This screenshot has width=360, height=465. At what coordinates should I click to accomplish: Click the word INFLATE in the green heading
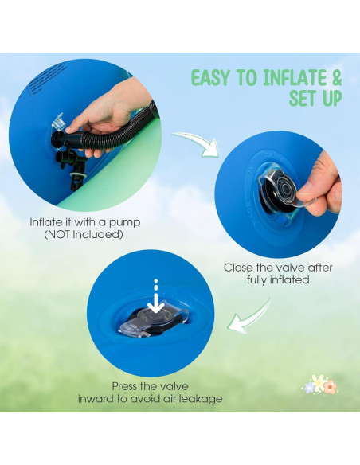[293, 78]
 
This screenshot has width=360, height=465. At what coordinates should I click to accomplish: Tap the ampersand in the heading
[335, 78]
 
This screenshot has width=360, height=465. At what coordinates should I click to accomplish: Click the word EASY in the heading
[210, 78]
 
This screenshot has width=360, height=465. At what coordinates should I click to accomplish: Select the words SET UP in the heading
[315, 98]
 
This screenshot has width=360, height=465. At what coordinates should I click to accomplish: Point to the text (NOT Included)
[84, 235]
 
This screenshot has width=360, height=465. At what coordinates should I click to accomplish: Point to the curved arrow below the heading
[198, 143]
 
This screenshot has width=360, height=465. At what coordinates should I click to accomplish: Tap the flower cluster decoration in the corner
[319, 385]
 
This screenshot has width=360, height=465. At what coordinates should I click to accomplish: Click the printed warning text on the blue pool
[48, 79]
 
